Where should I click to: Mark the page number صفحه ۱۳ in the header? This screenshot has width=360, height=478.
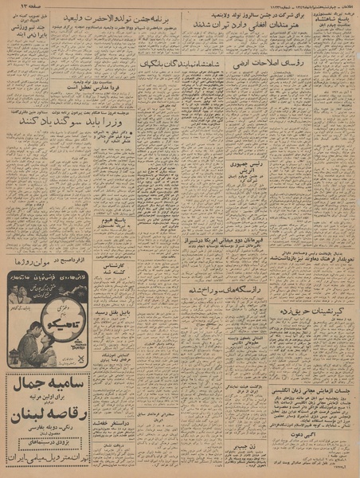coord(20,6)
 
